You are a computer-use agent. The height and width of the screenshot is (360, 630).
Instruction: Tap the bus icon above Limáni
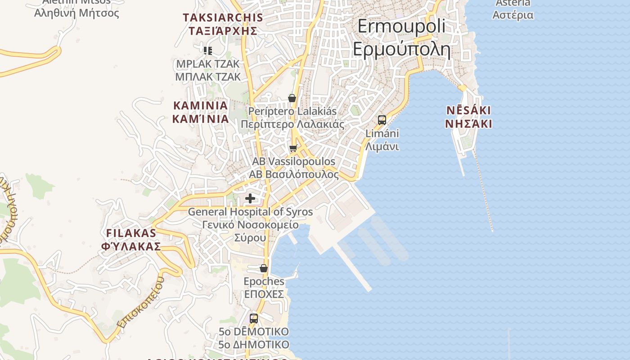pos(382,120)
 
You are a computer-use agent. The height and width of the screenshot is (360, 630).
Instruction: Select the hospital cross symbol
pos(250,198)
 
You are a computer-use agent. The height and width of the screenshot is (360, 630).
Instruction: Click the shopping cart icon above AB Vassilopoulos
pos(293,148)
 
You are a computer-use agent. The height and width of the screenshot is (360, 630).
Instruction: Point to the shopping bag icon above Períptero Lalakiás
pos(292,98)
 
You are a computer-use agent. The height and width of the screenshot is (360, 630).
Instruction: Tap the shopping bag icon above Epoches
pos(264,268)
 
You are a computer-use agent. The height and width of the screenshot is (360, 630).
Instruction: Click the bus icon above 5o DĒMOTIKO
pos(254,319)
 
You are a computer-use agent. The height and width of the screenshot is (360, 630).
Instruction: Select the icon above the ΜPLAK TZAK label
pos(208,50)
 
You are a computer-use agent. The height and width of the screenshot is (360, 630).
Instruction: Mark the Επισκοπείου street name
pos(141,302)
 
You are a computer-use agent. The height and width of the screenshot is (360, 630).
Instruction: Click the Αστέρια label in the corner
pos(513,15)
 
